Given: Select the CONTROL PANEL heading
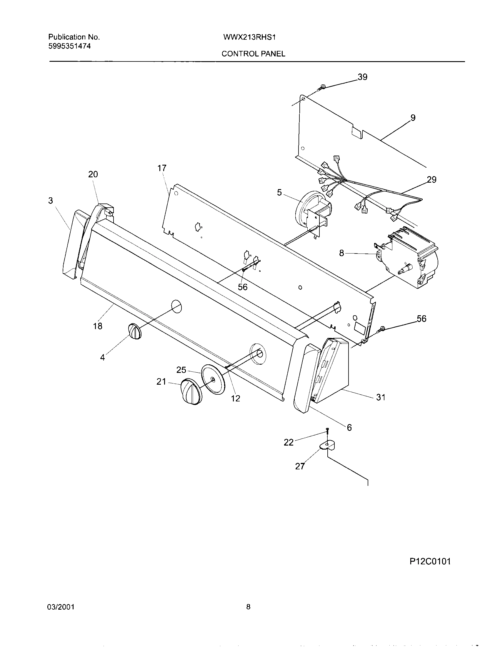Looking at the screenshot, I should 253,54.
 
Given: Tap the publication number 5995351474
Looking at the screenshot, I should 69,46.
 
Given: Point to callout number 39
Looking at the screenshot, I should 363,77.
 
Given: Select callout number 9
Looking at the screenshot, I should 413,118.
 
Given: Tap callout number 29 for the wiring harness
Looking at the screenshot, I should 432,179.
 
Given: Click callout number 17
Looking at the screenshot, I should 162,168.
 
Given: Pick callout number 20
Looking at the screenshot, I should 93,174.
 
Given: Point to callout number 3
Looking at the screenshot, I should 51,201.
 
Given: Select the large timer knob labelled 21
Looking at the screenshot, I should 192,391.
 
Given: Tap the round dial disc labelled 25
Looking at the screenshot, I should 213,379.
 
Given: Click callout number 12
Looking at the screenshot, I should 236,398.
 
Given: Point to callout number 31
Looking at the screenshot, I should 381,397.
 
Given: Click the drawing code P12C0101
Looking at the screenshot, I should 430,570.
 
